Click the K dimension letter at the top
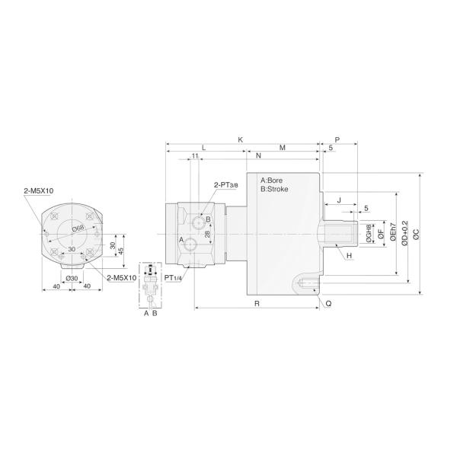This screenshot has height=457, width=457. coord(240,139)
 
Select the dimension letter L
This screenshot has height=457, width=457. coord(203,147)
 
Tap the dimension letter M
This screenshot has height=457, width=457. coord(283,147)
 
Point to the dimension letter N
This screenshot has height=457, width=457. coord(259,156)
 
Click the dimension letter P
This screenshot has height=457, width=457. coord(337,140)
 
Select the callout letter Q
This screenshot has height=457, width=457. coord(328,302)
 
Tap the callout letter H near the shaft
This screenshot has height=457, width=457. coord(349,256)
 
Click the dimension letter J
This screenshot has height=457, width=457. coord(339,200)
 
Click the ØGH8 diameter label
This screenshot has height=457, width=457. coord(369,233)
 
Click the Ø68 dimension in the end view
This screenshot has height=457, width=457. coord(77,228)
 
